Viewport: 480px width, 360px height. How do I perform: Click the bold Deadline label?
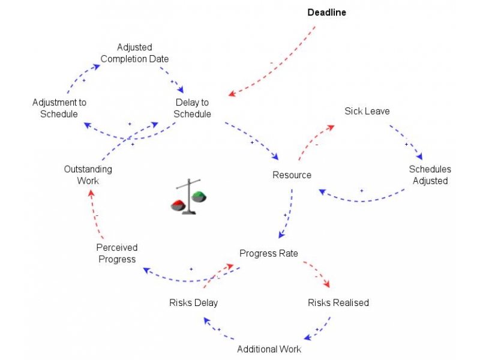[326, 12]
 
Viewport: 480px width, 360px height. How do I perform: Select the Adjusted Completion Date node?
[134, 53]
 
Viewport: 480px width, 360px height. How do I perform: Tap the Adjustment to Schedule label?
[59, 108]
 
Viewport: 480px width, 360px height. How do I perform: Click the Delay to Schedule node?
[193, 108]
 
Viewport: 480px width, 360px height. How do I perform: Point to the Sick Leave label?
[367, 111]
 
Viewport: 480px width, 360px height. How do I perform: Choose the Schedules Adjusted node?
[430, 175]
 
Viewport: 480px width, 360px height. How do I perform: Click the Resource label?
[292, 175]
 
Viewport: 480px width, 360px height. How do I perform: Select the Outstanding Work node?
[88, 175]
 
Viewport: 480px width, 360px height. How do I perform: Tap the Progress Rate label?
[268, 253]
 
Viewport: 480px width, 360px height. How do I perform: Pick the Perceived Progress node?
[117, 253]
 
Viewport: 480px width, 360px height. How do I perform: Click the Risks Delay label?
[193, 302]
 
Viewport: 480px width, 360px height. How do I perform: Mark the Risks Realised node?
[338, 302]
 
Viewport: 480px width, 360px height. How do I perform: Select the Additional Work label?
[269, 349]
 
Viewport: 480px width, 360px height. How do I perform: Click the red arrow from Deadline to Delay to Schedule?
[274, 65]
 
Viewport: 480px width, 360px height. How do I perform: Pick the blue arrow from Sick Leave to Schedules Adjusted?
[408, 141]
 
